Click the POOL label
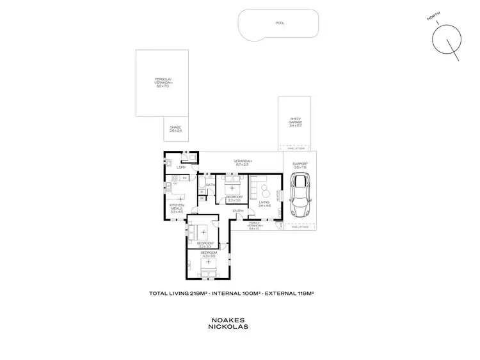coord(280,23)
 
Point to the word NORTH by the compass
coord(433,15)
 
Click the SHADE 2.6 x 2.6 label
coord(175,129)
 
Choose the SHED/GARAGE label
coord(295,121)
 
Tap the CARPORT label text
coord(300,164)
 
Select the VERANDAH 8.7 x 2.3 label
coord(243,162)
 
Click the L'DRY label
coord(182,168)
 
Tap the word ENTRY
coord(238,211)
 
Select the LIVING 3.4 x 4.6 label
coord(264,203)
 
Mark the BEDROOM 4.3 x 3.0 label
coord(208,254)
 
